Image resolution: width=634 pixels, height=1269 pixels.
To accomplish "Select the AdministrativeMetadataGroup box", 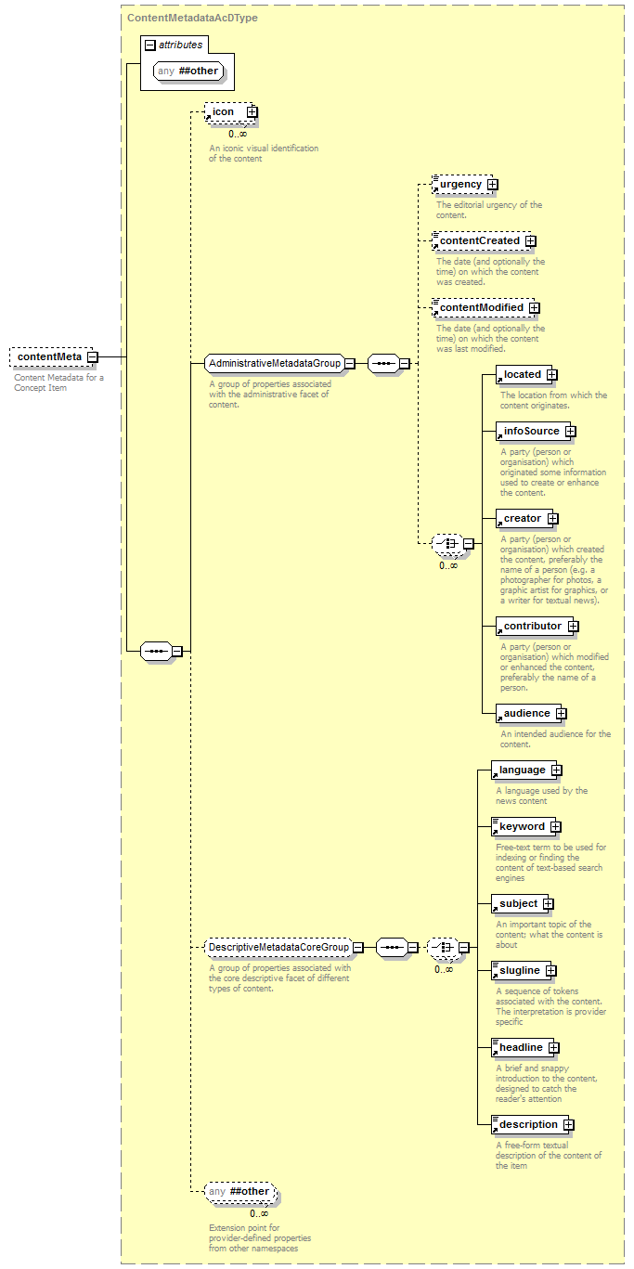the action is click(x=275, y=363).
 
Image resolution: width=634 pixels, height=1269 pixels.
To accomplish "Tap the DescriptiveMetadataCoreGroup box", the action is click(x=278, y=947).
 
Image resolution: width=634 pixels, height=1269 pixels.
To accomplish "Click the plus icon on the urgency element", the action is click(x=493, y=185).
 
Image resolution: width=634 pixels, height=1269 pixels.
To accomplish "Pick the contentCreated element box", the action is click(x=481, y=240).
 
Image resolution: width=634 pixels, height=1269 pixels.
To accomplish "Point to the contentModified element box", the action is click(x=483, y=307).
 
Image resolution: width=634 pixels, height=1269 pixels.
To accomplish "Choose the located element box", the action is click(x=524, y=374).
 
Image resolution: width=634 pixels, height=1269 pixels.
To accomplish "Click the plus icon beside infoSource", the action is click(x=571, y=432).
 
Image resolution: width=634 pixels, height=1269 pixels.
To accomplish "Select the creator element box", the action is click(x=524, y=518).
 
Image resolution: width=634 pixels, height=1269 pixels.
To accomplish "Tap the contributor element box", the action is click(x=535, y=626).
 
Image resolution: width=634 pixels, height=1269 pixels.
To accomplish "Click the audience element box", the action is click(x=528, y=713).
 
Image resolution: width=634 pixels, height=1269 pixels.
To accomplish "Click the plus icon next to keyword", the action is click(x=556, y=827).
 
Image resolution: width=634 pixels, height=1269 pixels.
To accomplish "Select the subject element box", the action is click(x=520, y=903).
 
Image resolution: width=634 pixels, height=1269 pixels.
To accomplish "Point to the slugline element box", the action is click(x=522, y=970).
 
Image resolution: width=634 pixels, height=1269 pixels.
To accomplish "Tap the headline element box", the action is click(x=523, y=1047).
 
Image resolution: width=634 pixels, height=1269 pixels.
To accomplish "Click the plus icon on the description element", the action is click(x=569, y=1125).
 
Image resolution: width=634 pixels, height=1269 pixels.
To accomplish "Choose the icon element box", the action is click(x=229, y=111).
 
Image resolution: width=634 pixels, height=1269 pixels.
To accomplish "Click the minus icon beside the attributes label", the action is click(x=150, y=45).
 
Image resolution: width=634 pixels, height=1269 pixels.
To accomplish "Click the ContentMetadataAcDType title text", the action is click(x=192, y=18).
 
